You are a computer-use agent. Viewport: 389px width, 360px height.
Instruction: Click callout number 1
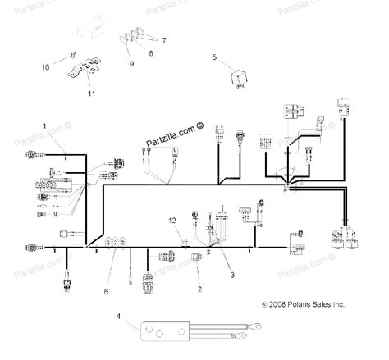tap(44, 124)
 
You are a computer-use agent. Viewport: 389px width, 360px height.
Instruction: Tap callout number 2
tap(199, 289)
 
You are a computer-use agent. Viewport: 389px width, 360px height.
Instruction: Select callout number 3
tap(232, 276)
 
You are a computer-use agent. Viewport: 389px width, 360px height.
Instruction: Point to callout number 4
tap(118, 316)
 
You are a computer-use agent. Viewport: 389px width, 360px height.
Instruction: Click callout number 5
tap(214, 57)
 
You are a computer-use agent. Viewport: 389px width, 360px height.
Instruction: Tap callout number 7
tap(163, 40)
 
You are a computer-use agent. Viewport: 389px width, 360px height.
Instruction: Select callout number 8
tap(150, 52)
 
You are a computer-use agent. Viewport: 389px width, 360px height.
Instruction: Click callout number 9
tap(130, 63)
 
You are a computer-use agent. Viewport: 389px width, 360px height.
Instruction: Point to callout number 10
tap(46, 65)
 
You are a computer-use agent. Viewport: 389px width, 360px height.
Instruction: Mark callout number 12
tap(172, 221)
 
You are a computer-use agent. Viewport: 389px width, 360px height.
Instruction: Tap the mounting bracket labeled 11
tap(85, 70)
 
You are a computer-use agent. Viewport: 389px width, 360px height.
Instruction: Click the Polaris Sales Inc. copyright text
tap(303, 303)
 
